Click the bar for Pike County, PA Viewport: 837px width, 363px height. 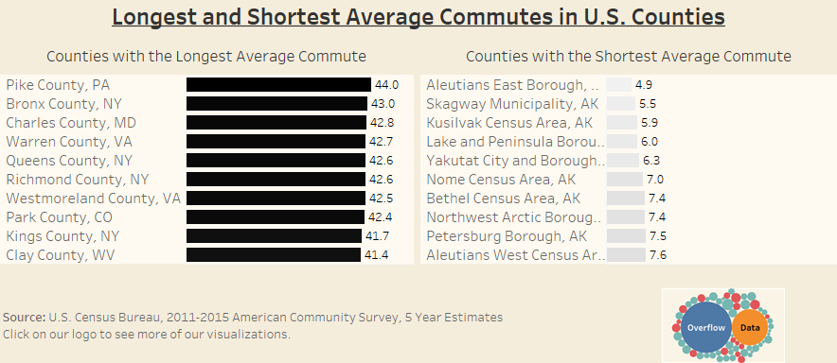278,85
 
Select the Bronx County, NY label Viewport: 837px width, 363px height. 64,104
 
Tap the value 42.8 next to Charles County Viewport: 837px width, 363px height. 383,123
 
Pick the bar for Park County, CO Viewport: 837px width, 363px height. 276,216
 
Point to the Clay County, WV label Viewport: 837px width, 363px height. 60,255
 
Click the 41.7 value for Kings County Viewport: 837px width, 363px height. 377,235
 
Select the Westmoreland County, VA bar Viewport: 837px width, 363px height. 276,199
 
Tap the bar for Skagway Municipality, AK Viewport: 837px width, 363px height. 621,104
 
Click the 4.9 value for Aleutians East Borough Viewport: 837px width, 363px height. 644,85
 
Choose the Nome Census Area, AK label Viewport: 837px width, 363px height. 501,180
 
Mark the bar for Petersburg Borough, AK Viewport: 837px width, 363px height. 626,236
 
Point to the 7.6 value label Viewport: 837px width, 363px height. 658,255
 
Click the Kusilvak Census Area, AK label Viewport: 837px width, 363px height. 509,123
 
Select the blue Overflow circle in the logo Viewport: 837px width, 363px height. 706,327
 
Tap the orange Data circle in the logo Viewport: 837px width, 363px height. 750,328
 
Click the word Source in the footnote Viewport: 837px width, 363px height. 24,318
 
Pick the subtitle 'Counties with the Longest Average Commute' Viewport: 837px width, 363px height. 206,57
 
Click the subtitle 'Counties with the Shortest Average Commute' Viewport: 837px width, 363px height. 629,57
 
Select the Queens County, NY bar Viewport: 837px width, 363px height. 276,161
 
